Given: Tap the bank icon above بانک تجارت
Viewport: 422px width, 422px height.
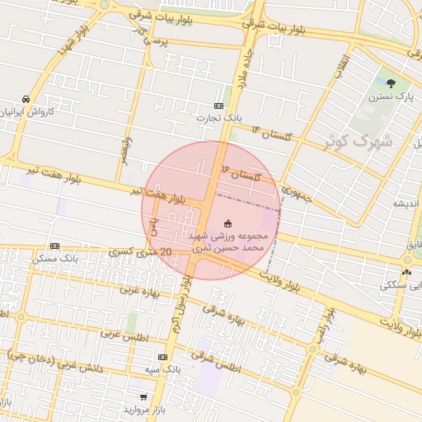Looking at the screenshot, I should [x=218, y=105].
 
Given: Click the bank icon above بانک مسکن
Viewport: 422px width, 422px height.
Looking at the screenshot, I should [x=54, y=246].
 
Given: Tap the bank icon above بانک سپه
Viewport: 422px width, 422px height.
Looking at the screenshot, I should [x=162, y=357].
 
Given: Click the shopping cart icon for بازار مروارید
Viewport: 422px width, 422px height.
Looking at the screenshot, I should [x=143, y=397].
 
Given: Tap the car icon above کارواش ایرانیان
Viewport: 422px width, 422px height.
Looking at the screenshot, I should [x=26, y=99].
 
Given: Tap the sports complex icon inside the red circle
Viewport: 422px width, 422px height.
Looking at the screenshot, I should [x=228, y=223].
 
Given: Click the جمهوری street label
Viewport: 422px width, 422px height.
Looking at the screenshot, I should [x=296, y=194].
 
